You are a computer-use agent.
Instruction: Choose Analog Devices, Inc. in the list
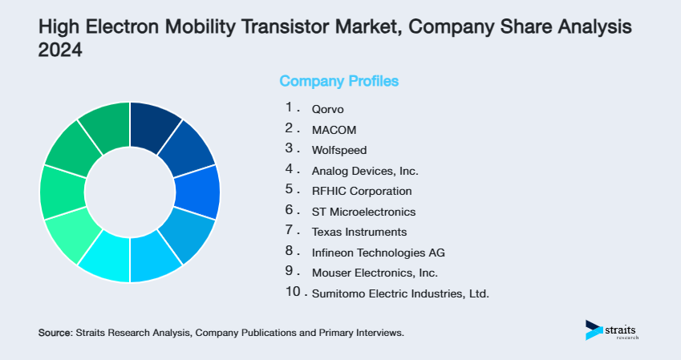point(364,170)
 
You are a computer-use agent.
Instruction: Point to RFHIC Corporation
point(361,191)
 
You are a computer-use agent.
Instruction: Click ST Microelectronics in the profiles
point(363,212)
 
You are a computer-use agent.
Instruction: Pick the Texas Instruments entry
point(359,232)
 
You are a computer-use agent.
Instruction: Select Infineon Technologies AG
point(378,253)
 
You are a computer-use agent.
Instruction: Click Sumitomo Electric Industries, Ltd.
point(399,294)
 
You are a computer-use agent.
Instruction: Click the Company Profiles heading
point(338,81)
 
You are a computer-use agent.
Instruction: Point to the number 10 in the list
point(292,293)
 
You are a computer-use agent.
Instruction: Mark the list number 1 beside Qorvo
point(288,107)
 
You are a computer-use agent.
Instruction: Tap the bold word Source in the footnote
point(55,332)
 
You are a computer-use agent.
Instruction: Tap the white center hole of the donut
point(130,192)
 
